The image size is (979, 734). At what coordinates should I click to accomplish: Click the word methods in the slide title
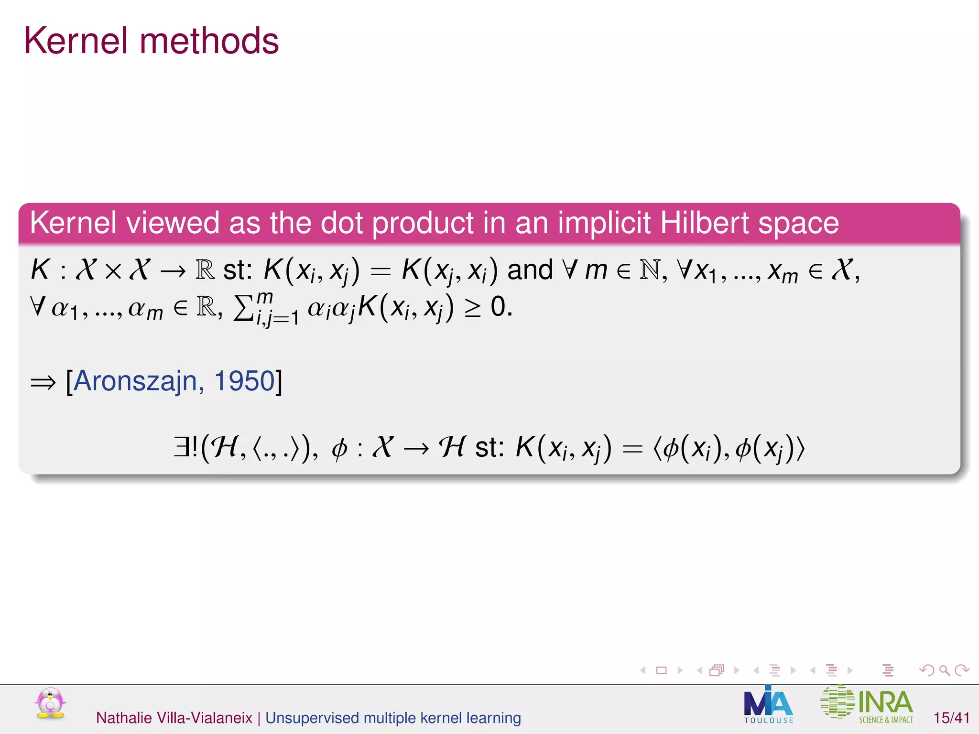[x=209, y=41]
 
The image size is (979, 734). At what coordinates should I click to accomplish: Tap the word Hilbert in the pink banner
[x=705, y=223]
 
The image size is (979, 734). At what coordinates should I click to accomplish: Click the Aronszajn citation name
[x=135, y=381]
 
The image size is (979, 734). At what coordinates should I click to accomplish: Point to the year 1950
[x=244, y=381]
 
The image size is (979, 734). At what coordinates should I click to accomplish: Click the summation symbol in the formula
[x=243, y=309]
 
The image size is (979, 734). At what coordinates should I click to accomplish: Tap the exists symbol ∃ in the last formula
[x=182, y=447]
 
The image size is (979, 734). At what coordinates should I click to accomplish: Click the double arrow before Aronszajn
[x=43, y=382]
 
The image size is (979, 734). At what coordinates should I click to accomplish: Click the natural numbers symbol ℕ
[x=650, y=270]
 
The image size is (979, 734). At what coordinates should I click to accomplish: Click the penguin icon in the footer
[x=50, y=703]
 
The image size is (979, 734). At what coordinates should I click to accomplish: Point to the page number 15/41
[x=951, y=718]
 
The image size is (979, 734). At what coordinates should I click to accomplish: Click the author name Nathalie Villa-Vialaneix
[x=174, y=718]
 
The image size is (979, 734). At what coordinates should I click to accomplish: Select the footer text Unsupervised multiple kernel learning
[x=393, y=718]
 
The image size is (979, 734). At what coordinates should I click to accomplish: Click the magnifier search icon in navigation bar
[x=944, y=670]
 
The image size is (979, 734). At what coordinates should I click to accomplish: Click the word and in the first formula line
[x=530, y=270]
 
